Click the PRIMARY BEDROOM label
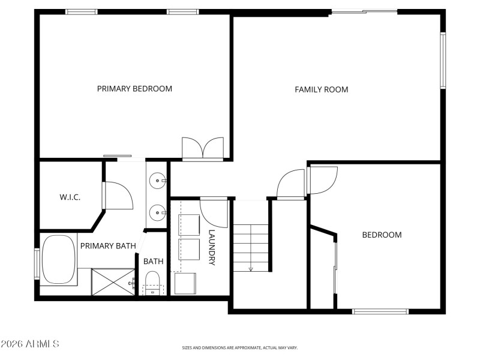[134, 89]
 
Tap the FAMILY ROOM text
[321, 89]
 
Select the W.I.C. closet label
[70, 197]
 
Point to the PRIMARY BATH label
[108, 245]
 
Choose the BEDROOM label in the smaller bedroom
[382, 235]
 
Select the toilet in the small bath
[153, 281]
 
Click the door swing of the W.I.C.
[117, 196]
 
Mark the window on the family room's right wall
[443, 60]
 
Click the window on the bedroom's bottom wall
[380, 311]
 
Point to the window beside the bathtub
[37, 265]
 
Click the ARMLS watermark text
[30, 344]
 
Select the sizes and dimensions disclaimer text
[240, 347]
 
